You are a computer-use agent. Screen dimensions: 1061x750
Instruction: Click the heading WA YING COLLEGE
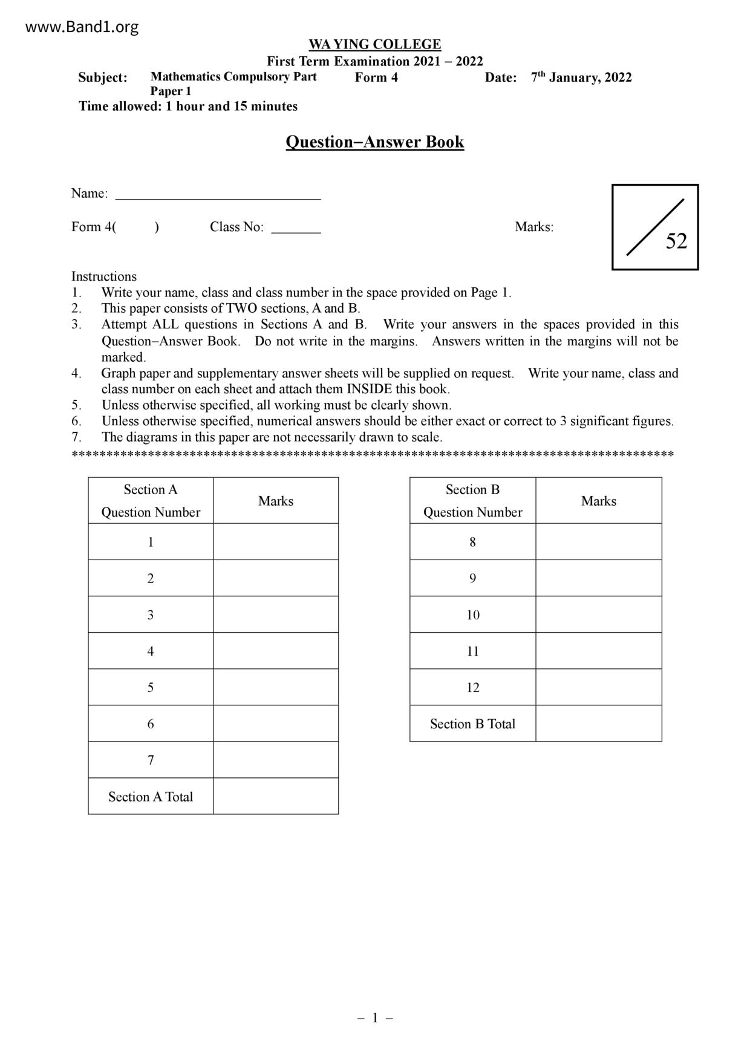click(x=374, y=45)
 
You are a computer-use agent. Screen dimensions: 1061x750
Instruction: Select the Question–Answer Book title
click(x=374, y=142)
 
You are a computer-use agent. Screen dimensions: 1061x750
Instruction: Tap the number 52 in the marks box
click(x=676, y=241)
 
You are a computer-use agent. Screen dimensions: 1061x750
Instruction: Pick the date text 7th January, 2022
click(x=581, y=77)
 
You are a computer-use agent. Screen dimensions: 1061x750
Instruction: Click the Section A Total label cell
click(x=151, y=797)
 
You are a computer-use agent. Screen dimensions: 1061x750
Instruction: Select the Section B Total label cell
click(x=472, y=724)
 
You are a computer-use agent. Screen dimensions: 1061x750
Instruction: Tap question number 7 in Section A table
click(x=151, y=760)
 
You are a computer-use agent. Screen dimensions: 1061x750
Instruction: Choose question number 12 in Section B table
click(x=472, y=688)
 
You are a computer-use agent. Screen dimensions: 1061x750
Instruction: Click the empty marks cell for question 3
click(x=276, y=615)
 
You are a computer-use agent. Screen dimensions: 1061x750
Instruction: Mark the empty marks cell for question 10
click(x=599, y=615)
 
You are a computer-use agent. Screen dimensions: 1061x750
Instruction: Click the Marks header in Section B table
click(x=599, y=501)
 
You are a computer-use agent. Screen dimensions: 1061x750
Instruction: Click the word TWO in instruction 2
click(x=241, y=309)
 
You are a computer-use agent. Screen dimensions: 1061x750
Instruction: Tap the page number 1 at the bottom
click(x=375, y=1018)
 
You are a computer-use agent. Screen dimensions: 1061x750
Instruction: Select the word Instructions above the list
click(x=104, y=276)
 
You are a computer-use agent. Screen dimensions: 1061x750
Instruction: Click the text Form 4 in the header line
click(x=376, y=77)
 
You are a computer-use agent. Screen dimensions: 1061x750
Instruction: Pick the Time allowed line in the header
click(x=188, y=106)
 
